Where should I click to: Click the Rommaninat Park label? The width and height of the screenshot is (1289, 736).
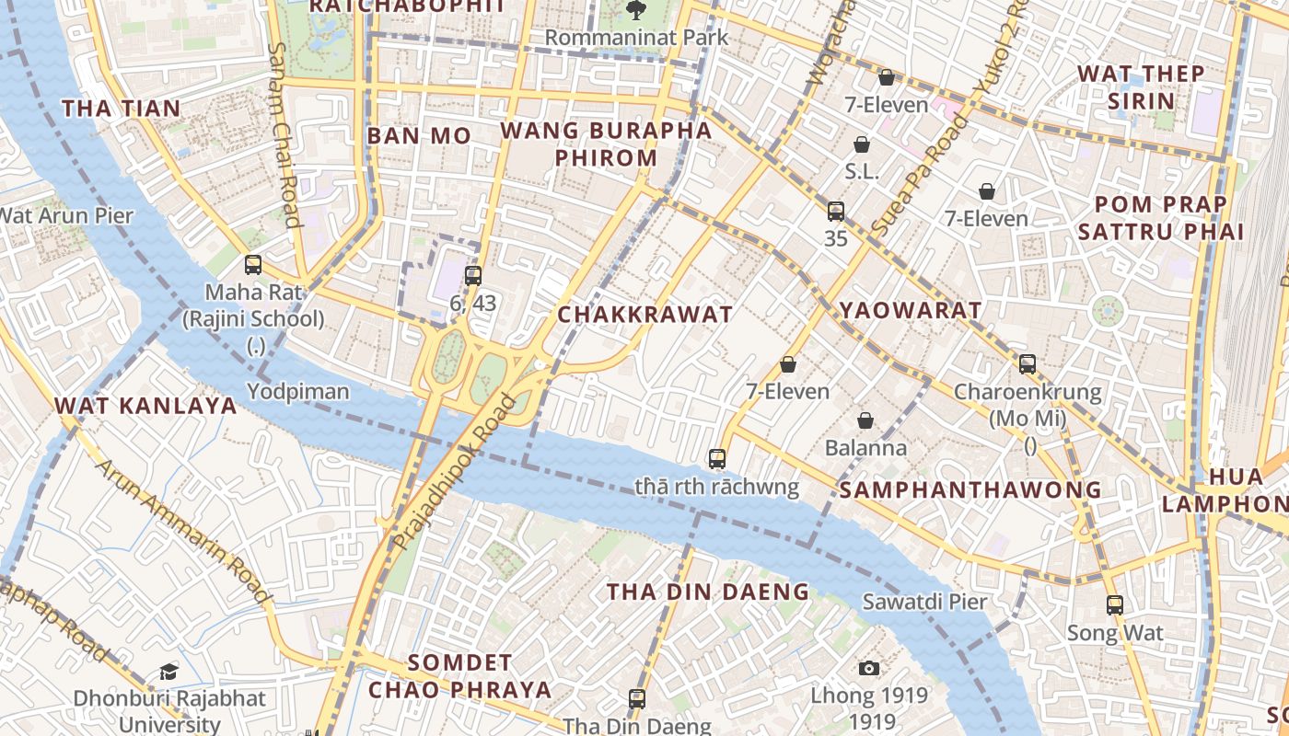click(x=635, y=38)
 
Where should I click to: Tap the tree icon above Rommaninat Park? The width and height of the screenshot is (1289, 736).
click(x=635, y=10)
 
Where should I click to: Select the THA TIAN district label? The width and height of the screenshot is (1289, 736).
click(x=122, y=109)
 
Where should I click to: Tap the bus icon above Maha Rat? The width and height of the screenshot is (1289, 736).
click(x=253, y=265)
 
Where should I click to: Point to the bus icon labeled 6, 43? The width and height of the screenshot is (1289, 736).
click(x=473, y=275)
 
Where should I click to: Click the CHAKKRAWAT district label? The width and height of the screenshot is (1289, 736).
click(x=645, y=315)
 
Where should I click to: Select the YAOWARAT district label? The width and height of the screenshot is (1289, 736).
click(x=911, y=311)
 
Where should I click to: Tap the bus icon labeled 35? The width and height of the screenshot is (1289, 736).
click(x=836, y=212)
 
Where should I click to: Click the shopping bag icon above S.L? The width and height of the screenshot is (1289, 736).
click(x=862, y=144)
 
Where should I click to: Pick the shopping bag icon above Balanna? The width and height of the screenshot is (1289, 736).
click(x=865, y=420)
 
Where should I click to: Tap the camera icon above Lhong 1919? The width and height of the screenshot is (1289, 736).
click(x=868, y=668)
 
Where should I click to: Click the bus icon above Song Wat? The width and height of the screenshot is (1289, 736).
click(x=1115, y=605)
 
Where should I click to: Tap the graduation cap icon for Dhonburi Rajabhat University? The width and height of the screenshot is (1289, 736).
click(x=168, y=672)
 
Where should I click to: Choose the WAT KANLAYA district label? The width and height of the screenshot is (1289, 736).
click(x=145, y=406)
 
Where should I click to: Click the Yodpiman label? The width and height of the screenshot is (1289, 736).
click(x=297, y=392)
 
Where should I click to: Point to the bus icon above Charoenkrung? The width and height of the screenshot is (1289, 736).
click(x=1028, y=364)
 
